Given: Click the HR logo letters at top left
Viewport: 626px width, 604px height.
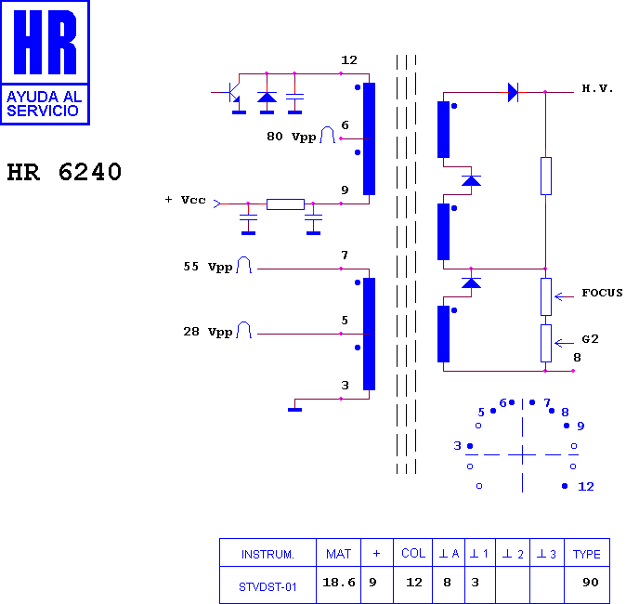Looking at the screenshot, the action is pos(45,42).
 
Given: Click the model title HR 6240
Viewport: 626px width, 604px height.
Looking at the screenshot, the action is pos(64,172).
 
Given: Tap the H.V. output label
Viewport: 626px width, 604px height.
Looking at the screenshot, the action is pos(597,88).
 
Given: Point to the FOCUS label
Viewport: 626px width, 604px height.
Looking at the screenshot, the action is pos(602,293).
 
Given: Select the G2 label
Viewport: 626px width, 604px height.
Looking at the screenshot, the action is pos(590,339).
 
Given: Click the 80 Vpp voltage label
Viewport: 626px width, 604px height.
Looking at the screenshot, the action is pos(292,137).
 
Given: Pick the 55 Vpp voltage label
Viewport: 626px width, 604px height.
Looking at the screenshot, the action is pos(208,267).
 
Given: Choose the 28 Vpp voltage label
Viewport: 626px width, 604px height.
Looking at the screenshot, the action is pos(208,332).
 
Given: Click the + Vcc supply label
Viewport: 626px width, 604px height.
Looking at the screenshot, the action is pos(185,200).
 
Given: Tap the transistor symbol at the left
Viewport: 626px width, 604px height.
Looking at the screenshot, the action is pos(233,93).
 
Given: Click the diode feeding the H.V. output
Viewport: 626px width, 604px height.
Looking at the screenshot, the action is pos(513,92).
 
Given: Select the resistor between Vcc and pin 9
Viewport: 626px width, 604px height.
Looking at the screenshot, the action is pos(285,204).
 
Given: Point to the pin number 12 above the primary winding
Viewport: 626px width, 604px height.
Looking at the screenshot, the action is pos(349,60).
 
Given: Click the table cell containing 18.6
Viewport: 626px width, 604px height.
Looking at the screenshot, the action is pos(339,583).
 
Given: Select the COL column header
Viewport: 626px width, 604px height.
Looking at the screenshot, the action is pos(413,553).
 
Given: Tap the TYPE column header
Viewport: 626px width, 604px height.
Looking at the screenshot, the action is pos(586,554).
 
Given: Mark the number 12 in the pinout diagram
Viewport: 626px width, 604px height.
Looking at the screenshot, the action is pos(586,487).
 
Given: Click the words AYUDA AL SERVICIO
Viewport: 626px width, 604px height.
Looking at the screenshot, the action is pos(45,103).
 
